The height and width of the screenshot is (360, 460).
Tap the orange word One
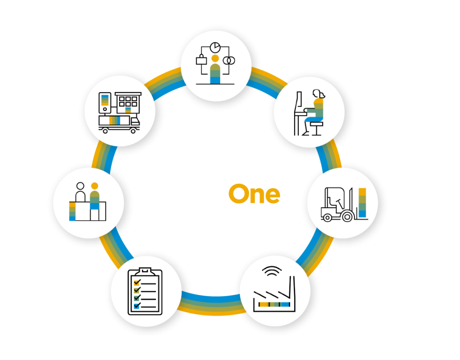[254, 194]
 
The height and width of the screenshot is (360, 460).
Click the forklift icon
[337, 205]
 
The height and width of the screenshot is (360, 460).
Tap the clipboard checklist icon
[143, 291]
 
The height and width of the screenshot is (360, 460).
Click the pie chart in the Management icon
[215, 47]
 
